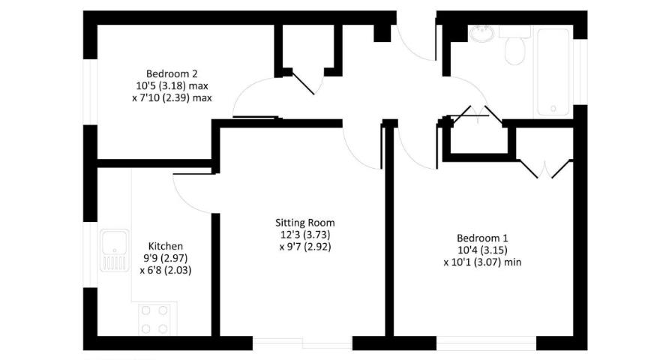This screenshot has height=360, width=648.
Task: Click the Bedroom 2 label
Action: click(x=172, y=74)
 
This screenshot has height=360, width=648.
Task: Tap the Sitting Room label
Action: click(x=305, y=223)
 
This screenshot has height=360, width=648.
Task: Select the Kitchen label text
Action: click(x=165, y=246)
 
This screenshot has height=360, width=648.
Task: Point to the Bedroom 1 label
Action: click(x=482, y=238)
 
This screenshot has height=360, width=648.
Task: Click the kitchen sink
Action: click(x=114, y=250)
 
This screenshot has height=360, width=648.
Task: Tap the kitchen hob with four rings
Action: click(x=154, y=319)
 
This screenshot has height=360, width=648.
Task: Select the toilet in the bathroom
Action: click(x=514, y=45)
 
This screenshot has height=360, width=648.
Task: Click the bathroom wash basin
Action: click(x=481, y=34)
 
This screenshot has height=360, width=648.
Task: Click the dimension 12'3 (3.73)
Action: click(x=305, y=235)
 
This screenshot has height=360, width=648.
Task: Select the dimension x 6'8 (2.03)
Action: click(x=165, y=270)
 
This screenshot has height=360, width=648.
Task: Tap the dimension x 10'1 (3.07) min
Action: click(x=482, y=262)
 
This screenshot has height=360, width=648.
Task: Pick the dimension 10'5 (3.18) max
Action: click(x=172, y=86)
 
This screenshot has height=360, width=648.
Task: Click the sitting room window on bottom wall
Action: click(x=302, y=343)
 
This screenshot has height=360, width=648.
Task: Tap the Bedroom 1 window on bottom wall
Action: click(x=487, y=343)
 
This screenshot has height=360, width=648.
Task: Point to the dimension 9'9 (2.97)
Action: click(x=165, y=258)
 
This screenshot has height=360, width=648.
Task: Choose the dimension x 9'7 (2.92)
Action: click(x=305, y=247)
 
